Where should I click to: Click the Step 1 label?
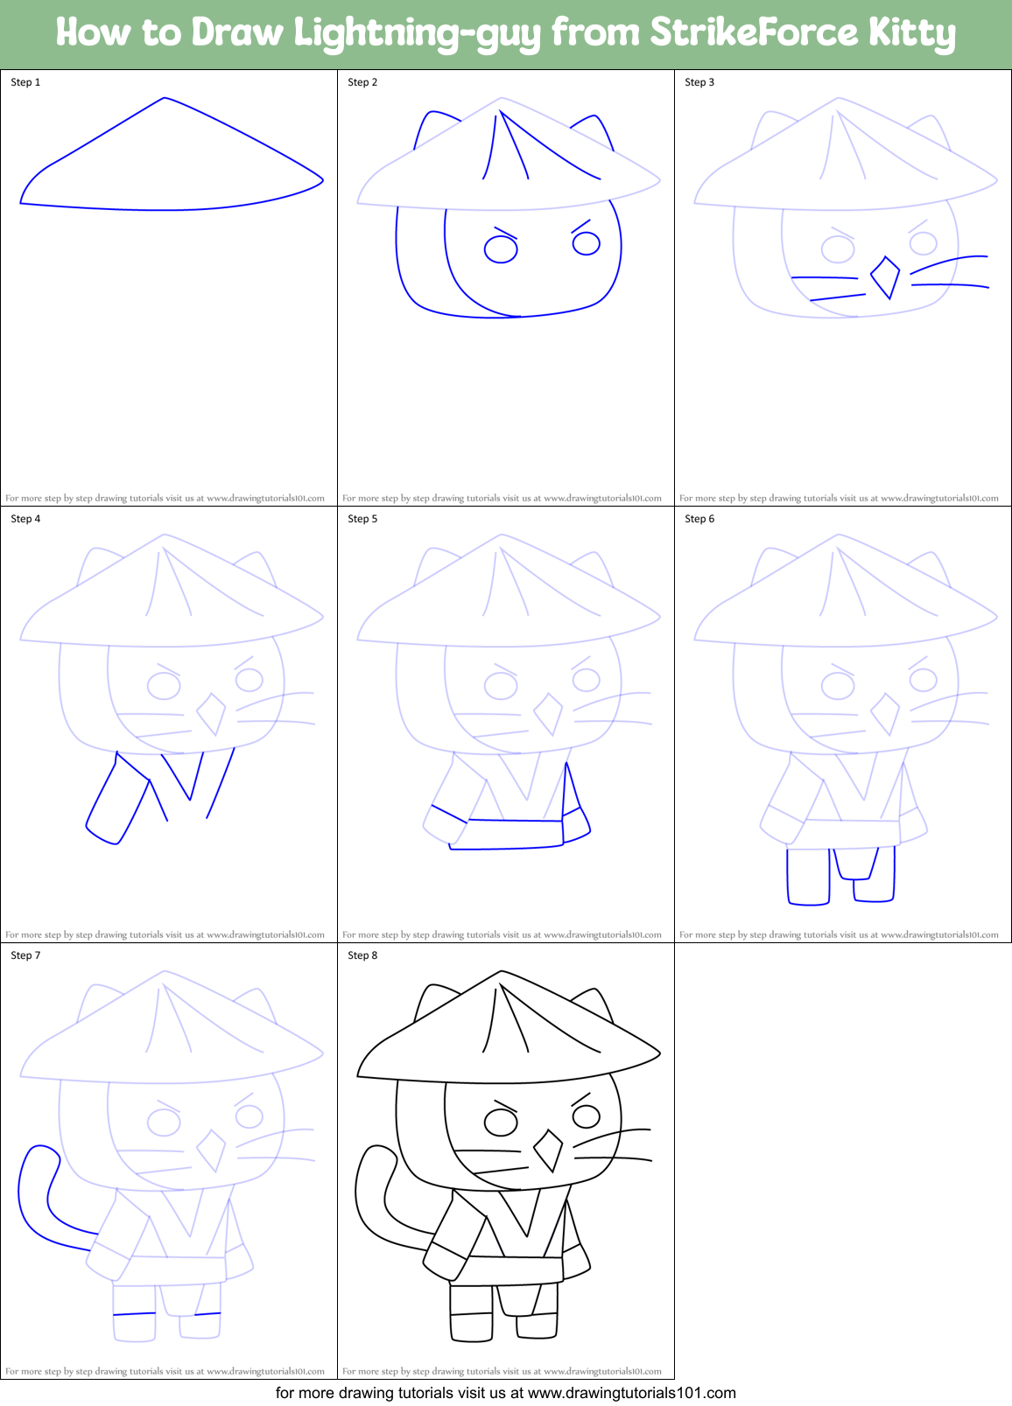[x=25, y=82]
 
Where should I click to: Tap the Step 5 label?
[x=362, y=519]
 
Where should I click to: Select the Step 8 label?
[x=362, y=955]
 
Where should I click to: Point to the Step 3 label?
[x=699, y=82]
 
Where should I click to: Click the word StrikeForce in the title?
[x=754, y=33]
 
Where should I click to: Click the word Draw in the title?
[x=238, y=33]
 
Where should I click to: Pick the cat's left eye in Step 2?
[x=501, y=249]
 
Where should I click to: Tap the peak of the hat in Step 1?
[x=165, y=99]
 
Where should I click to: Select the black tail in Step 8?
[x=372, y=1199]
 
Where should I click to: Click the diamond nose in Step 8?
[x=548, y=1151]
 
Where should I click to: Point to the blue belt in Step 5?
[x=516, y=834]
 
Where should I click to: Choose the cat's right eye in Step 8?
[x=586, y=1116]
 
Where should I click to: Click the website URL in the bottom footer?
[x=632, y=1393]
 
